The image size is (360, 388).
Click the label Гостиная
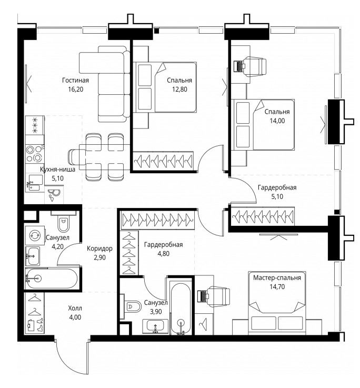pyautogui.click(x=75, y=81)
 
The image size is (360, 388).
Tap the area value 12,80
pyautogui.click(x=179, y=89)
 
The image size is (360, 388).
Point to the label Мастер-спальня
pyautogui.click(x=277, y=277)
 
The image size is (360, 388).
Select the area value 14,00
pyautogui.click(x=277, y=121)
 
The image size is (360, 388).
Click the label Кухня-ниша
pyautogui.click(x=58, y=170)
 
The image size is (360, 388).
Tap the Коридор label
pyautogui.click(x=99, y=248)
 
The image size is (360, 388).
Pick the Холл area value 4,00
pyautogui.click(x=75, y=317)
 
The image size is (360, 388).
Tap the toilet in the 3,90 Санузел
pyautogui.click(x=131, y=306)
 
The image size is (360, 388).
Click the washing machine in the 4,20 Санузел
pyautogui.click(x=35, y=235)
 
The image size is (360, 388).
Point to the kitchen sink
pyautogui.click(x=34, y=182)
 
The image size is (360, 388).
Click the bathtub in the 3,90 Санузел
pyautogui.click(x=181, y=309)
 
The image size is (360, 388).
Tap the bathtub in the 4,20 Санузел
pyautogui.click(x=52, y=278)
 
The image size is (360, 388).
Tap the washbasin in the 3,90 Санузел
pyautogui.click(x=155, y=326)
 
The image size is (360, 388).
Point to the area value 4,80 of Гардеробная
pyautogui.click(x=163, y=254)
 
